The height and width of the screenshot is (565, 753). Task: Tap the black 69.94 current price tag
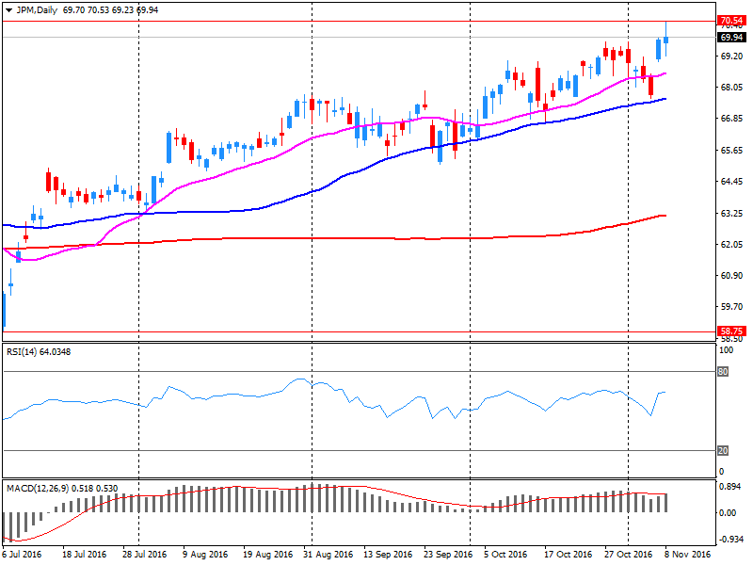(730, 38)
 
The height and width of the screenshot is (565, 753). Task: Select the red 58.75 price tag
(730, 331)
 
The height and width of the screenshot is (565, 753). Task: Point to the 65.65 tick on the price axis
(731, 151)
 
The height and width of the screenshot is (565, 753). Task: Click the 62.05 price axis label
(731, 245)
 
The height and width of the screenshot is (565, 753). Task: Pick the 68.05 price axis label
(731, 88)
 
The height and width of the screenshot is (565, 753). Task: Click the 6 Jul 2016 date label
(22, 555)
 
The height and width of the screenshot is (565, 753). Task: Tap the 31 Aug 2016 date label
(328, 555)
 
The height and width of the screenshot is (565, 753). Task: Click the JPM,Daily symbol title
(42, 8)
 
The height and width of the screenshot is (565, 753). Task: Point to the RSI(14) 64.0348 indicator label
(39, 352)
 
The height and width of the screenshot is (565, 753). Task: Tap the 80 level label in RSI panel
(723, 371)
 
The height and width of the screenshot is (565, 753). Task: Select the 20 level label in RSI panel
(723, 450)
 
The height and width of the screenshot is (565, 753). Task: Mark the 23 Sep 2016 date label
(447, 555)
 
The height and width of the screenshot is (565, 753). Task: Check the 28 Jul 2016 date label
(144, 555)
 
